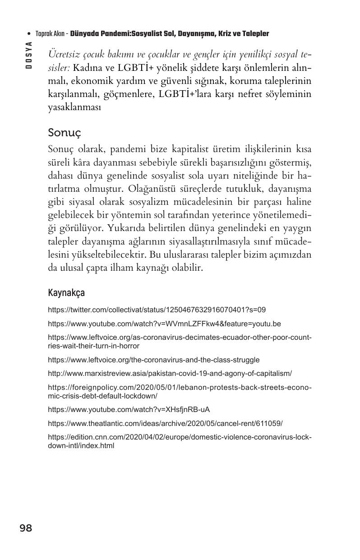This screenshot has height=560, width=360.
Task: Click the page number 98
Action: click(x=26, y=528)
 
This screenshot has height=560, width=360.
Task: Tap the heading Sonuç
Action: click(x=64, y=133)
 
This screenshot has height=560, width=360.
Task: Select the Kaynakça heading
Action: click(x=66, y=293)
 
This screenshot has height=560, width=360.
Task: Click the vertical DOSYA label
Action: click(x=28, y=55)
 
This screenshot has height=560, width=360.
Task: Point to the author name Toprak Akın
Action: click(x=50, y=34)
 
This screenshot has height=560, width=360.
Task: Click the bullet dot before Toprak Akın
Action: click(x=29, y=34)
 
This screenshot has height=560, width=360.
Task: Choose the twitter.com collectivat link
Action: click(x=157, y=310)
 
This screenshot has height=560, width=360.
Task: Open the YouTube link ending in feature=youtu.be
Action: click(x=164, y=324)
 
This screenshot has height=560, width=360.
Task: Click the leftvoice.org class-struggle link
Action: click(x=153, y=360)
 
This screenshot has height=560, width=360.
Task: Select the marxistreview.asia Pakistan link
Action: click(x=170, y=374)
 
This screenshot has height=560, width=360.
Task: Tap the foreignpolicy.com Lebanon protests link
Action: click(x=180, y=392)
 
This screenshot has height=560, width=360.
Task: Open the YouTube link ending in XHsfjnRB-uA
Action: click(x=129, y=410)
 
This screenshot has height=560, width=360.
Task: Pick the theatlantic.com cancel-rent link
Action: click(x=165, y=424)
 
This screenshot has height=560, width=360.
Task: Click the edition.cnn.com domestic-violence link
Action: click(x=180, y=442)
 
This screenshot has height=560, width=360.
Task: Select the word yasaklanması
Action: click(x=74, y=108)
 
